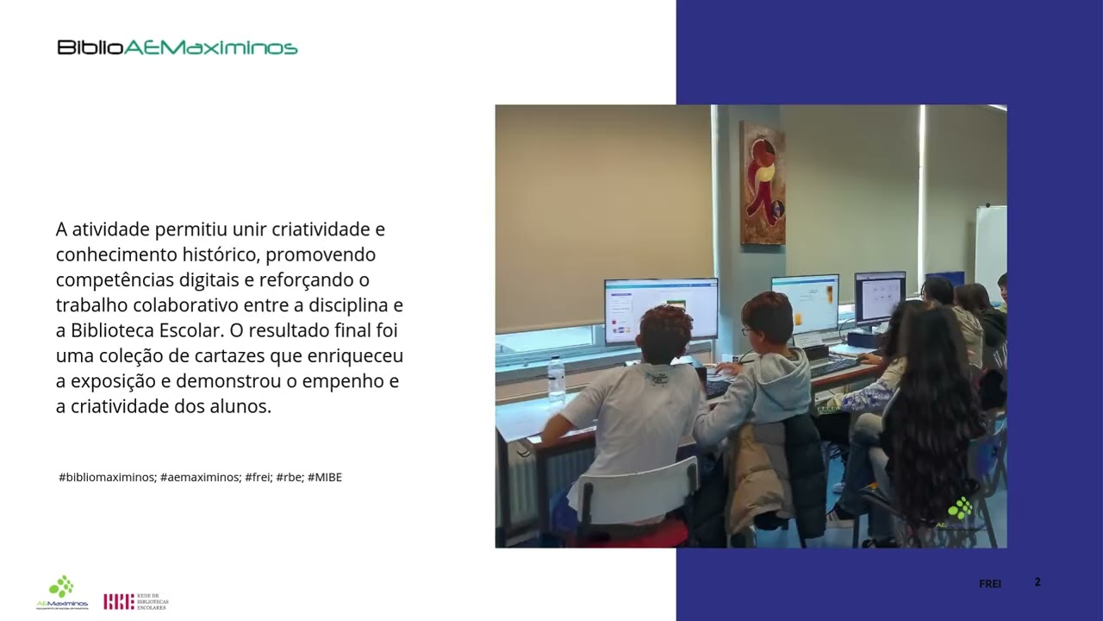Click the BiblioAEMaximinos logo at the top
pos(178,47)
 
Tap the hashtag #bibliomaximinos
pos(107,477)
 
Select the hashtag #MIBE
pos(324,477)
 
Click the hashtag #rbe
pos(289,477)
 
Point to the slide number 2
pos(1038,582)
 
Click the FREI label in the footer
pos(990,584)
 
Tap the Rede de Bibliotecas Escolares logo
pos(136,601)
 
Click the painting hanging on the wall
pos(763,182)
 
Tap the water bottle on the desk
pos(557,379)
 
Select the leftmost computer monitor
pos(661,309)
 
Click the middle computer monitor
pos(805,303)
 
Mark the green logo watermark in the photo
pos(960,509)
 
